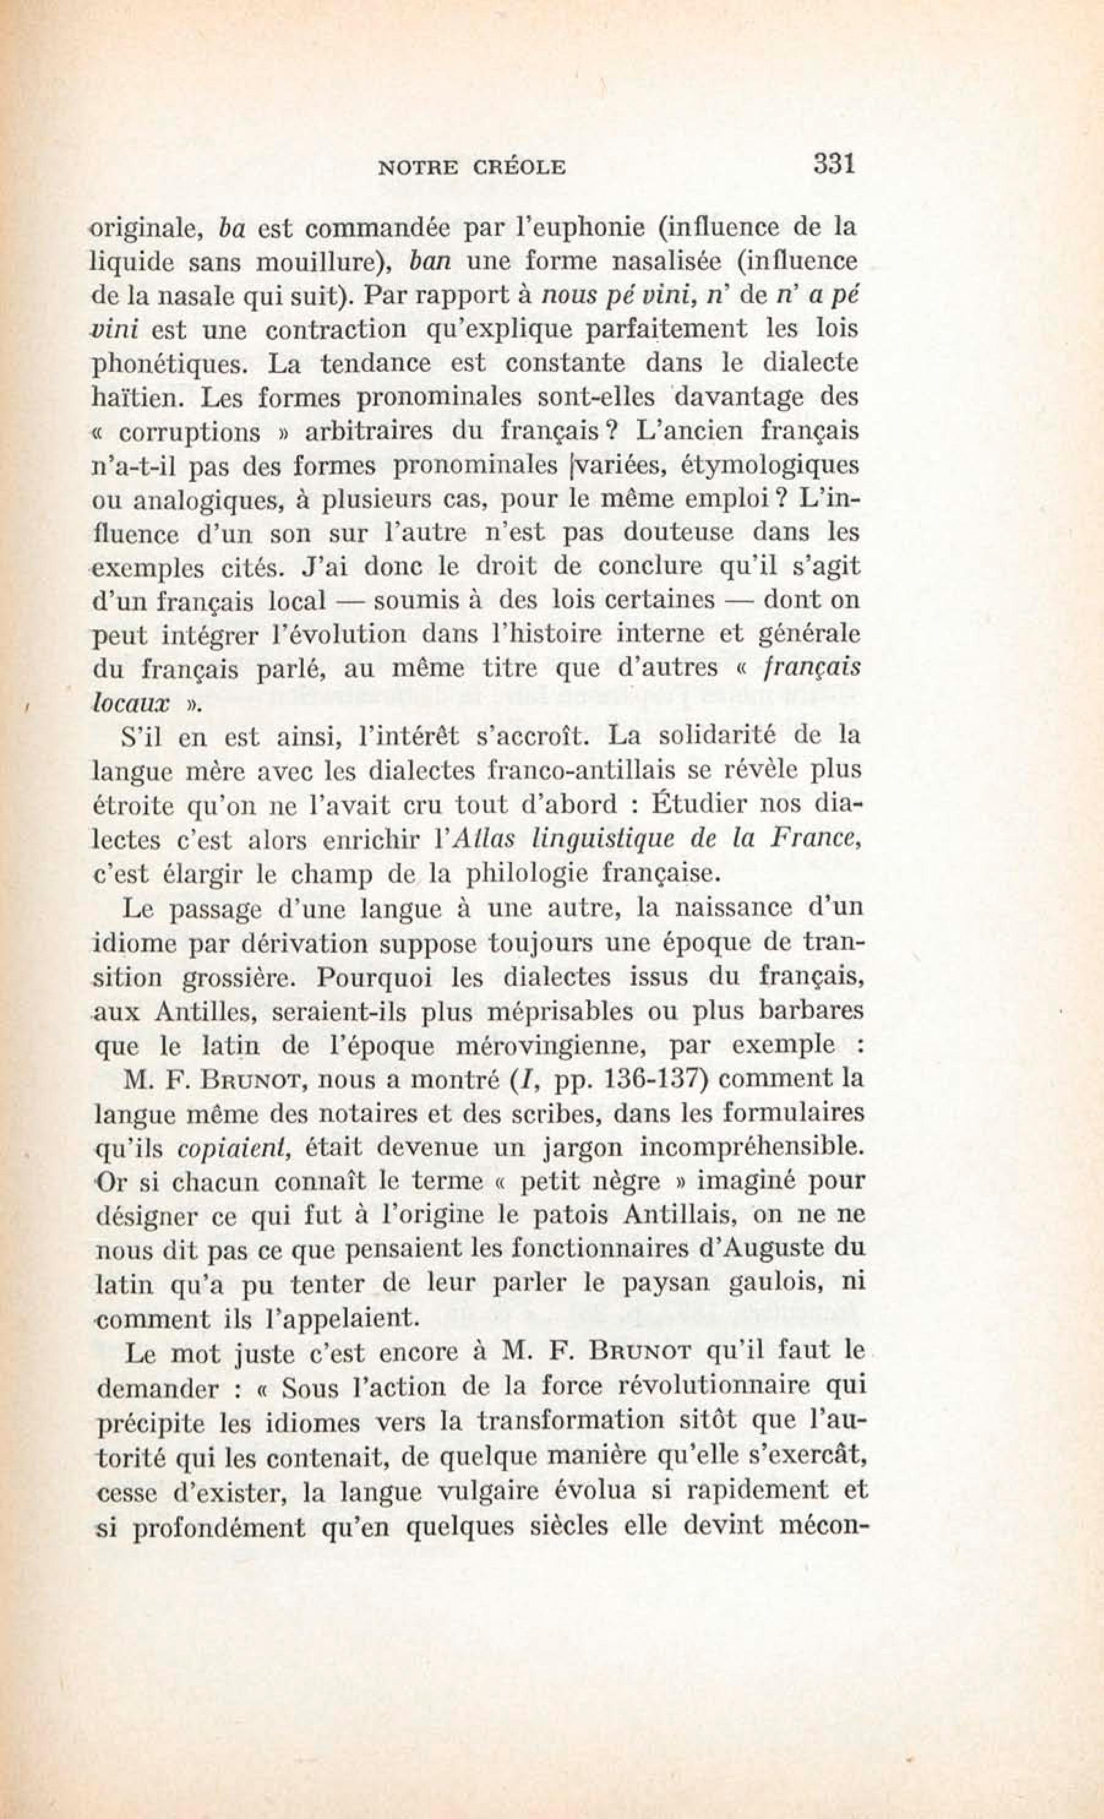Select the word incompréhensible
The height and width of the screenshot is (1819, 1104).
[x=752, y=1148]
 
